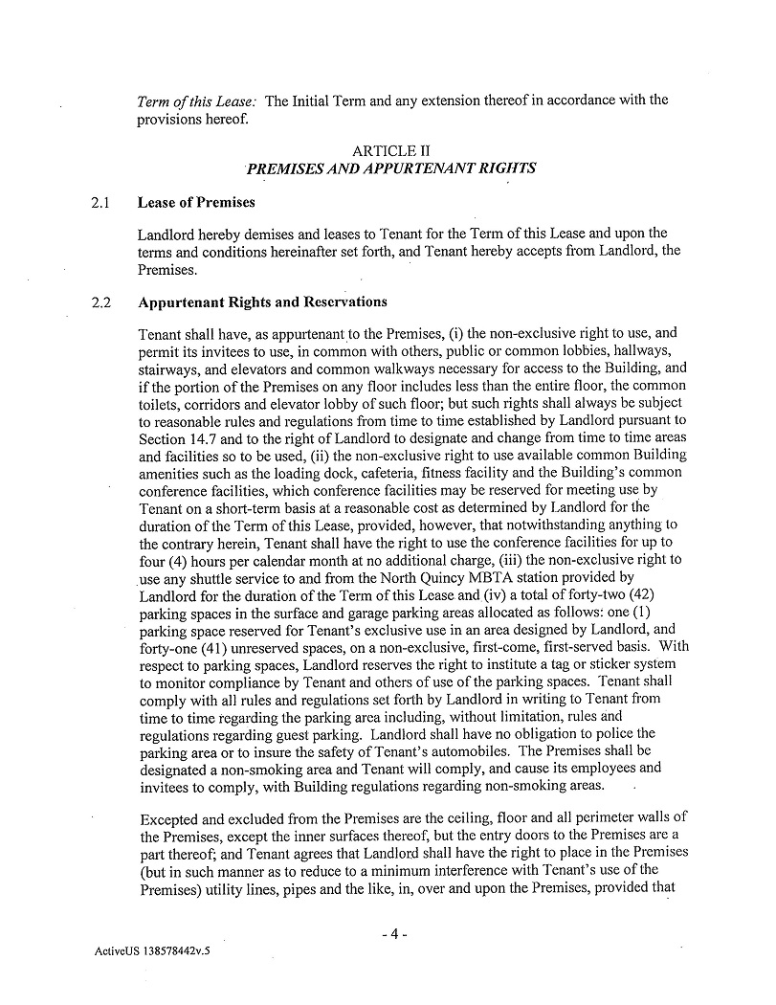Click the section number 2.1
coord(101,203)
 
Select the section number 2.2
coord(101,302)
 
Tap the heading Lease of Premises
coord(196,203)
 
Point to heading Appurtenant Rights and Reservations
coord(262,302)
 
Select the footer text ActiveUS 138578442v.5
coord(152,954)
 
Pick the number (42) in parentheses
coord(660,594)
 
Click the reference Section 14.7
coord(172,437)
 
